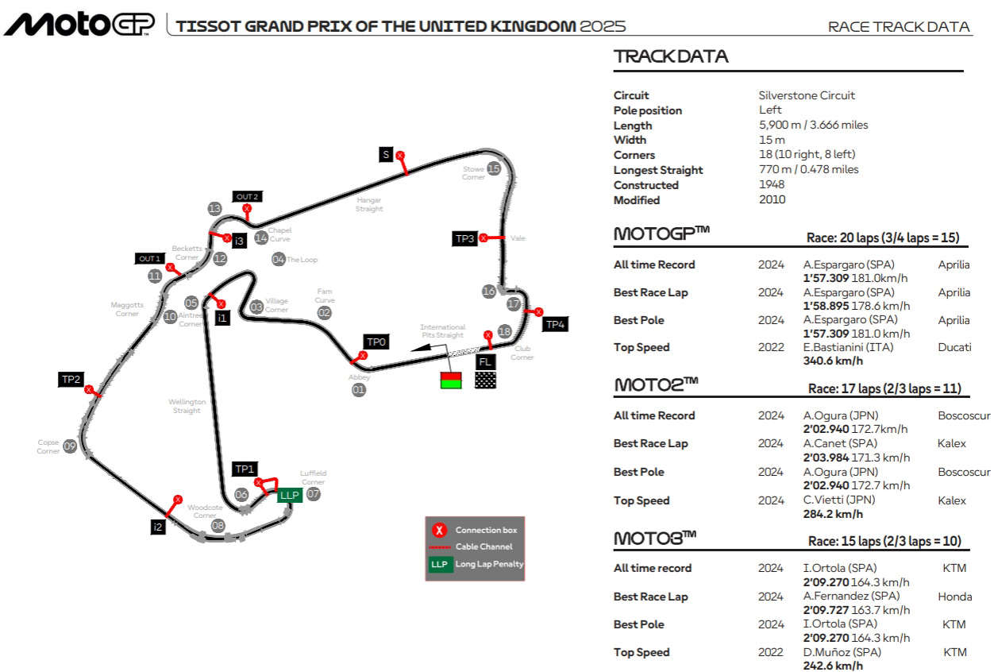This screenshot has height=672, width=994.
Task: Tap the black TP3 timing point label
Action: click(464, 238)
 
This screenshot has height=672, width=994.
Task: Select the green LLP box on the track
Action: click(289, 495)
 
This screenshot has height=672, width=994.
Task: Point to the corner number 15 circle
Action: click(494, 168)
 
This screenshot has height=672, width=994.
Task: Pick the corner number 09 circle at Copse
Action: click(70, 446)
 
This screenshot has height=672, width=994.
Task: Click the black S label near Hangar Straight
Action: click(386, 155)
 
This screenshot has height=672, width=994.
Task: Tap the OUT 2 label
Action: click(247, 196)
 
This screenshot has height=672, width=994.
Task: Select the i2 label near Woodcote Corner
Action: click(158, 526)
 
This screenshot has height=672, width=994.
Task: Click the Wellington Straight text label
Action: click(187, 406)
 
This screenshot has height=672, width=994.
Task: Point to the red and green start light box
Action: click(451, 380)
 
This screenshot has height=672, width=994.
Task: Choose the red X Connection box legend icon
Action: click(438, 531)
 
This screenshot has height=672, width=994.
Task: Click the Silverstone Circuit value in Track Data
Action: click(807, 95)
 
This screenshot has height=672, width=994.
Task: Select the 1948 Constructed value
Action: click(772, 185)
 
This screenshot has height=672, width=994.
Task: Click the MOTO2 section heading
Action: click(656, 384)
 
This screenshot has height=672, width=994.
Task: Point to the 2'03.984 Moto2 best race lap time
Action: click(826, 458)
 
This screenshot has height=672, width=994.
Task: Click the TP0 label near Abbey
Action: click(376, 342)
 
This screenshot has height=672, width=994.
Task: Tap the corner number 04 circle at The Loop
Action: click(278, 259)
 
